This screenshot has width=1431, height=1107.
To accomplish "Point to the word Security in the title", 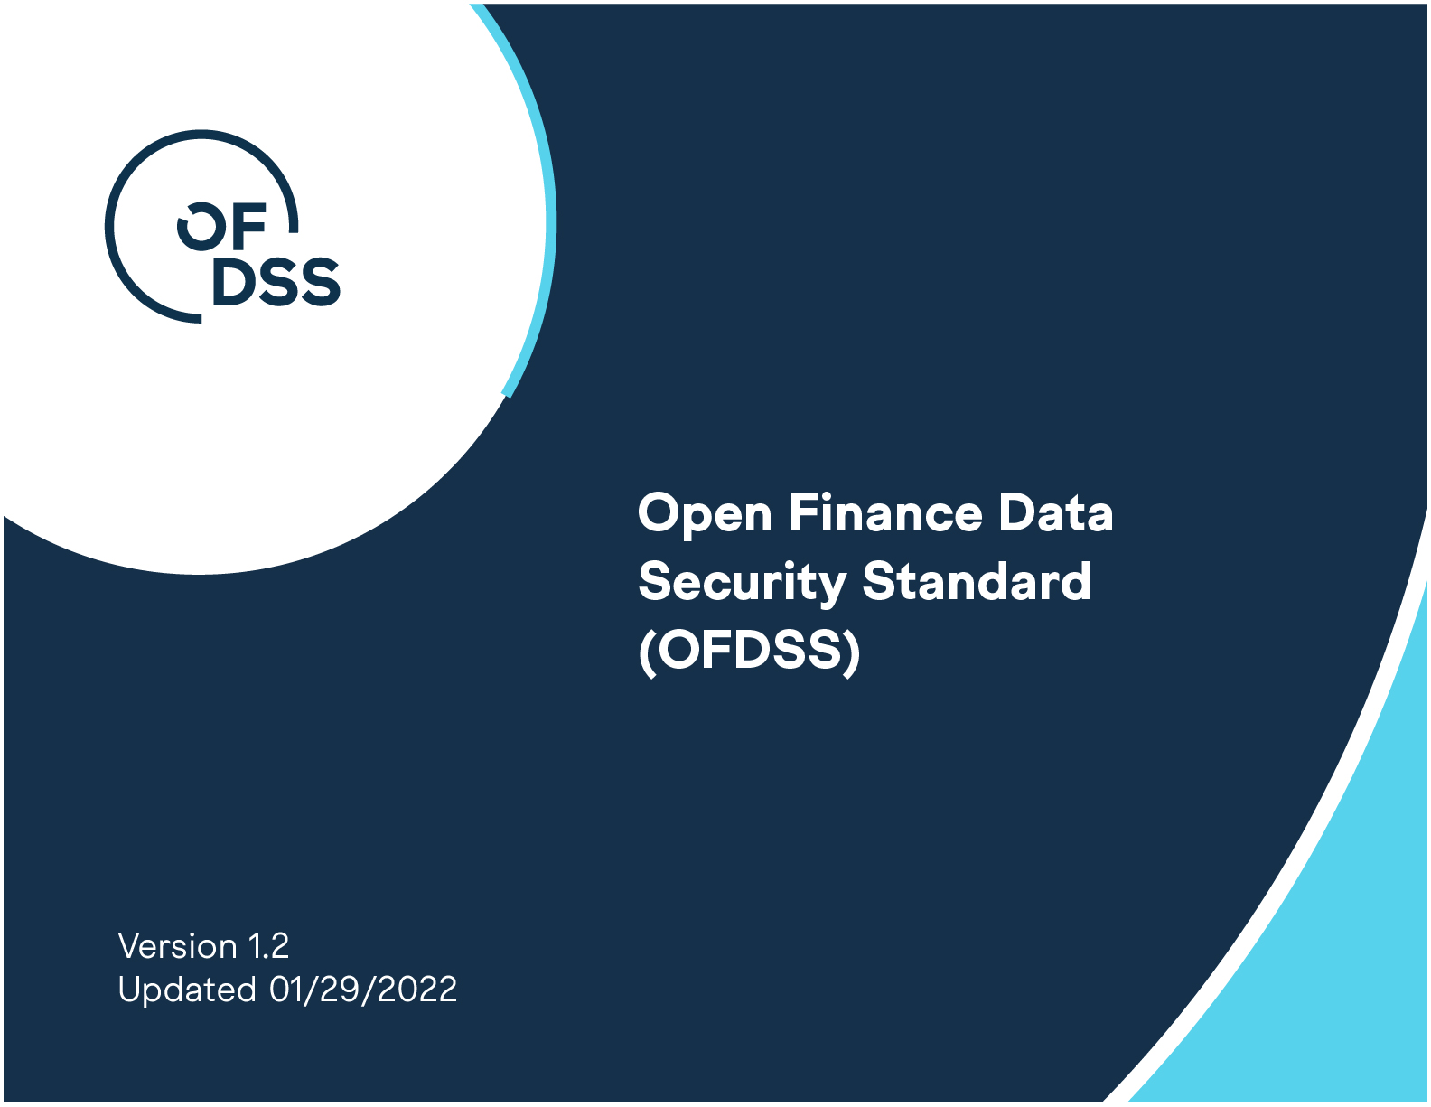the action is click(x=743, y=584).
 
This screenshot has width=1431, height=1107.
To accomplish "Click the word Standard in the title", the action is click(x=977, y=580).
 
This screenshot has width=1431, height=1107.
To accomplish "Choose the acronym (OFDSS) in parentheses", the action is click(x=750, y=652).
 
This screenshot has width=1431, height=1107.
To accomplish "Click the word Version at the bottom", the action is click(x=177, y=946).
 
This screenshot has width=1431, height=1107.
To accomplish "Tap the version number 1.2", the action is click(x=268, y=946).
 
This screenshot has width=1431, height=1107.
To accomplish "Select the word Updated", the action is click(x=186, y=990).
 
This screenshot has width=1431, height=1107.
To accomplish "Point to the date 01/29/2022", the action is click(x=363, y=990).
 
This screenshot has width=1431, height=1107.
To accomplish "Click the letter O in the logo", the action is click(x=201, y=227).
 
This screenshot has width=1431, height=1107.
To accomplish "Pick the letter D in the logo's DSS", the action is click(x=234, y=282).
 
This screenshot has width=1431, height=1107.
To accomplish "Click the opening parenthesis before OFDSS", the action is click(x=648, y=652).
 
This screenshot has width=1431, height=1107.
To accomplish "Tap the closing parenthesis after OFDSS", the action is click(x=852, y=652).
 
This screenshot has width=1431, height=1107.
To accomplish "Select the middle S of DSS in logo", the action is click(x=277, y=282).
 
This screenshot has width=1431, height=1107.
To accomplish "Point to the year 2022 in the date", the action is click(x=416, y=990).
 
